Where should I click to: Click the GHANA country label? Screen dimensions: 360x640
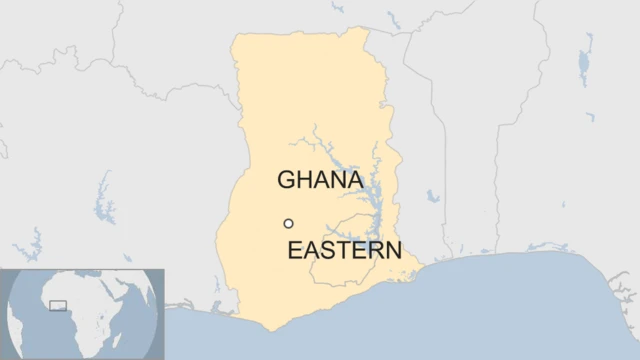point(319,180)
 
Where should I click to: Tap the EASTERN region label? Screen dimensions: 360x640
point(344,250)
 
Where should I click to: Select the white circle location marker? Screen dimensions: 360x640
point(288,224)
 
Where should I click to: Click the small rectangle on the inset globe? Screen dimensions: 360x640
point(58,305)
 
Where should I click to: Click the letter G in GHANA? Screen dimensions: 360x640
point(287,180)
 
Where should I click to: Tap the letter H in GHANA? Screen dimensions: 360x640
point(304,180)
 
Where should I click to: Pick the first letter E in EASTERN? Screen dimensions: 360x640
point(294,250)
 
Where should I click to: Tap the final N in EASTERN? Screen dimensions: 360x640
point(393,250)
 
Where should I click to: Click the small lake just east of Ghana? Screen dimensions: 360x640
point(432,196)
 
